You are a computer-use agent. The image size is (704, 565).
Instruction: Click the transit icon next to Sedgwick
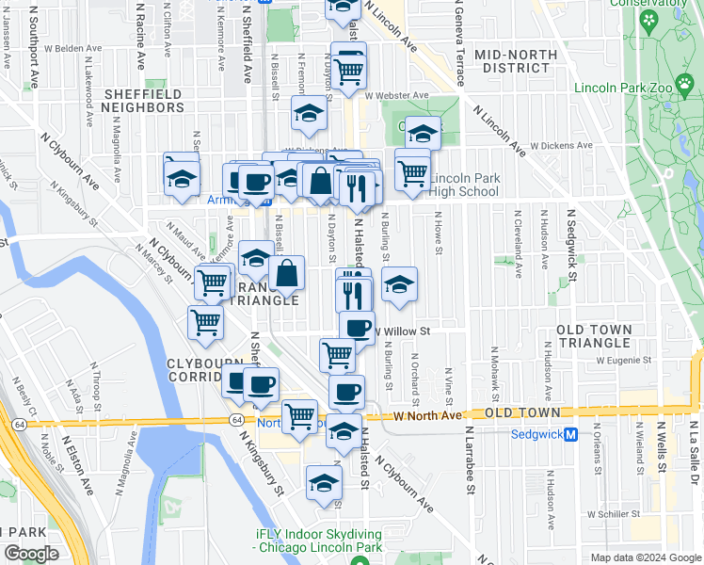(598, 434)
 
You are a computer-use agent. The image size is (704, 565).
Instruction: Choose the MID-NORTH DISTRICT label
(517, 61)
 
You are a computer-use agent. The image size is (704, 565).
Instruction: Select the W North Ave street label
(428, 415)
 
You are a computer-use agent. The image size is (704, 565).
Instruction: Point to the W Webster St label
(392, 95)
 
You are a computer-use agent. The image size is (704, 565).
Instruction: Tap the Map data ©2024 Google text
(646, 557)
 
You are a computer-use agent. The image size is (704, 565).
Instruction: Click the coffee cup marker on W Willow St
(357, 328)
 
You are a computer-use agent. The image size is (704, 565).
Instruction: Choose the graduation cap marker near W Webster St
(309, 114)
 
